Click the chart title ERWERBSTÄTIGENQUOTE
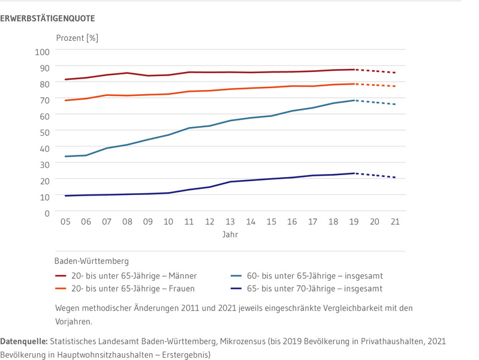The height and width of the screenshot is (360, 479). click(47, 19)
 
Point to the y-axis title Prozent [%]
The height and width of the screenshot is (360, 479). click(77, 38)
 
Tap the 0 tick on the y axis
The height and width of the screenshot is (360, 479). click(46, 212)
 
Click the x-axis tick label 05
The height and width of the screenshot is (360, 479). click(65, 222)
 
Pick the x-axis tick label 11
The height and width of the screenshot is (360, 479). click(189, 222)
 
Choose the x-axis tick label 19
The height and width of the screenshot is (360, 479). click(354, 222)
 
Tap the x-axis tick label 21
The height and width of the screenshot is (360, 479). click(396, 222)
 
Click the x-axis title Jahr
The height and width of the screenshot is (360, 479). click(230, 235)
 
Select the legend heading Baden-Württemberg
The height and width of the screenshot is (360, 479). click(91, 261)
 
